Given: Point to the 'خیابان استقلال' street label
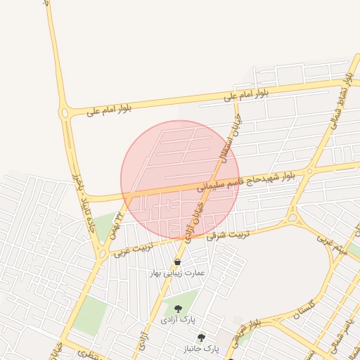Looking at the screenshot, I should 231,139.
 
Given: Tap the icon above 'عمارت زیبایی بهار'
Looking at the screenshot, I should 177,262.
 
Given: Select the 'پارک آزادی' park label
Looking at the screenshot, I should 177,320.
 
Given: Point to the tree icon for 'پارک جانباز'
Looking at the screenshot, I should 202,337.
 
